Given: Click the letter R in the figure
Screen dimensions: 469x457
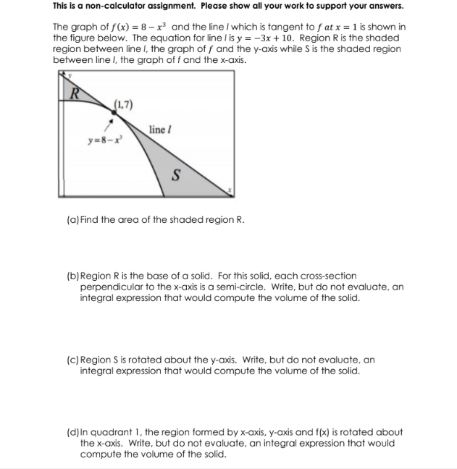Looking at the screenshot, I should point(73,92).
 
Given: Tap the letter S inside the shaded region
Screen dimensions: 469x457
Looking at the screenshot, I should point(175,174).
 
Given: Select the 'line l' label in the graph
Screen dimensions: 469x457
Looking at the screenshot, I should point(159,130).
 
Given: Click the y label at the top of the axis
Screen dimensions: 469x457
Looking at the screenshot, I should point(62,74).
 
